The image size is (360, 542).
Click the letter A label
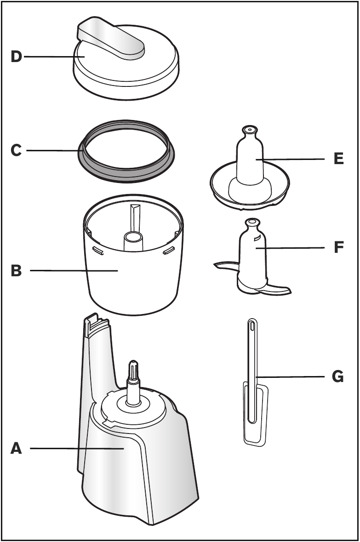click(x=16, y=448)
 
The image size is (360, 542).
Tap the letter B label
click(x=16, y=271)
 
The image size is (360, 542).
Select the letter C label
click(x=16, y=150)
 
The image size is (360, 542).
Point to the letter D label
click(x=16, y=57)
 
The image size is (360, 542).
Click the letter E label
click(x=338, y=159)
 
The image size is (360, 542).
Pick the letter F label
click(x=338, y=248)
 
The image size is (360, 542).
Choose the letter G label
click(x=337, y=377)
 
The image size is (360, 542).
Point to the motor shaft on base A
click(x=133, y=382)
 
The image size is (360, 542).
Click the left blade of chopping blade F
click(x=225, y=265)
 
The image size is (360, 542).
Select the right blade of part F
click(x=276, y=290)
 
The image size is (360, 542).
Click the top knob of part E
click(x=250, y=131)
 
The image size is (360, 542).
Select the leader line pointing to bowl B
click(x=74, y=271)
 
